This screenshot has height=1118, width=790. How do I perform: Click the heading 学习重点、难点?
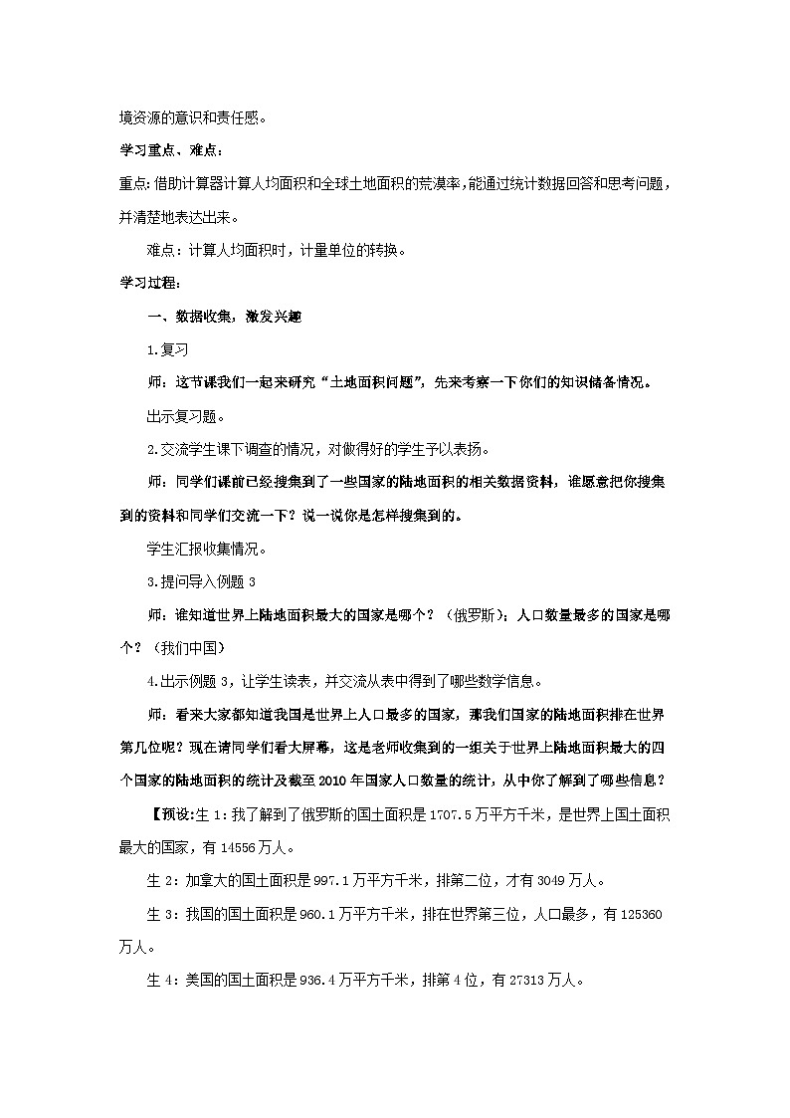click(170, 150)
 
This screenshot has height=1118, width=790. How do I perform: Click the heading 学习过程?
click(149, 284)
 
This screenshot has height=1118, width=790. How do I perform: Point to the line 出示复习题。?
click(186, 415)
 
